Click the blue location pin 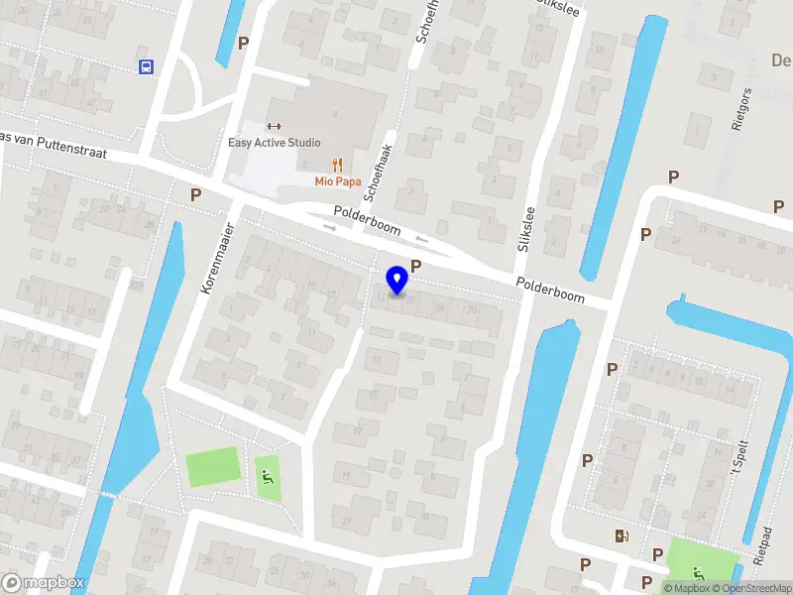[x=397, y=280]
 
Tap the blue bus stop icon [x=146, y=66]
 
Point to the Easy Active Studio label [x=275, y=143]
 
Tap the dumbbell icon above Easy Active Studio [x=275, y=126]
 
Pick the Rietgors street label [x=736, y=110]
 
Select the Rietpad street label [x=761, y=544]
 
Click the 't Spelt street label [x=737, y=455]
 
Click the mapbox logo [x=44, y=583]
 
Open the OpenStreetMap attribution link [x=752, y=588]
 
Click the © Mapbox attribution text [x=686, y=588]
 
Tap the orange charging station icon [x=622, y=536]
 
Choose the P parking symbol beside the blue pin [x=416, y=266]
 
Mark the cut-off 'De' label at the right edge [x=781, y=60]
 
